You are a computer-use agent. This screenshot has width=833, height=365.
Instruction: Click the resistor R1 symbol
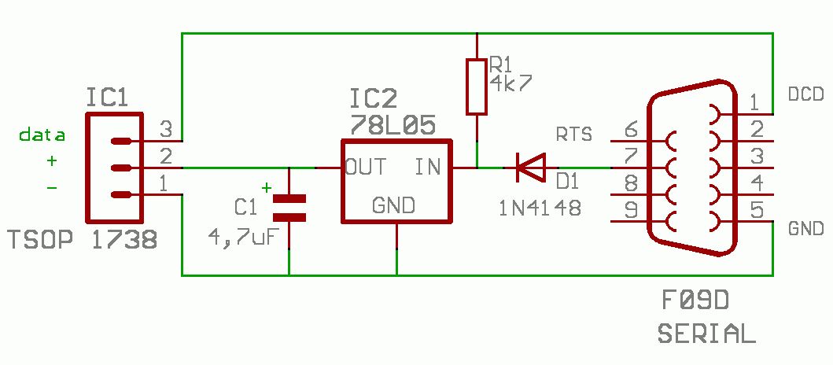(477, 87)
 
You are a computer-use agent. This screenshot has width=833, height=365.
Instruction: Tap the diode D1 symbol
(531, 168)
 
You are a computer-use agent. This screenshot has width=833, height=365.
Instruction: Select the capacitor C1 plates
(289, 208)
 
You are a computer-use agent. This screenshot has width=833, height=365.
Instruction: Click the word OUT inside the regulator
(366, 168)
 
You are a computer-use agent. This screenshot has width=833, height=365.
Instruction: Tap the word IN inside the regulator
(428, 168)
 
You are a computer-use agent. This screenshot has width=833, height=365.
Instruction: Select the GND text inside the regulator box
(393, 205)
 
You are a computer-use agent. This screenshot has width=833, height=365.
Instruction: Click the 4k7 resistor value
(510, 83)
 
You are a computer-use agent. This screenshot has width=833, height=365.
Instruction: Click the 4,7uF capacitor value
(243, 237)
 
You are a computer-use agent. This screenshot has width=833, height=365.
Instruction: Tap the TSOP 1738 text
(83, 241)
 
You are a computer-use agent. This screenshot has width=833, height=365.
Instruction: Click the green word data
(42, 135)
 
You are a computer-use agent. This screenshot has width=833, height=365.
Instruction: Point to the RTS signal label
(573, 135)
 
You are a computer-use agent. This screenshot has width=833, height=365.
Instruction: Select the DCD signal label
(806, 94)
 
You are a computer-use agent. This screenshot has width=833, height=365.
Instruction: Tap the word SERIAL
(706, 334)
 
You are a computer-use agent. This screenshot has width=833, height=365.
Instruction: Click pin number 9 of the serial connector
(631, 211)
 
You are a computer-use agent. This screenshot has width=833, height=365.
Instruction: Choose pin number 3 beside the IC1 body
(166, 129)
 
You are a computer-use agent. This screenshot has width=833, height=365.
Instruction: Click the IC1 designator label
(107, 98)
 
